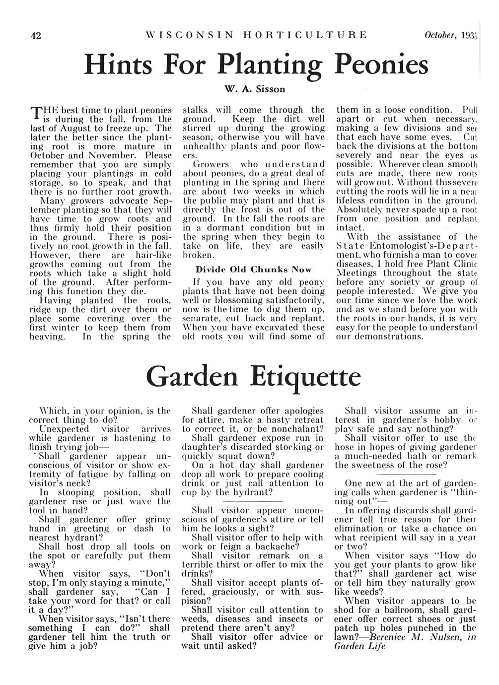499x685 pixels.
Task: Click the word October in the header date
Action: point(438,35)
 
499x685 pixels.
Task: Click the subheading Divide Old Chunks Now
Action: point(253,270)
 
